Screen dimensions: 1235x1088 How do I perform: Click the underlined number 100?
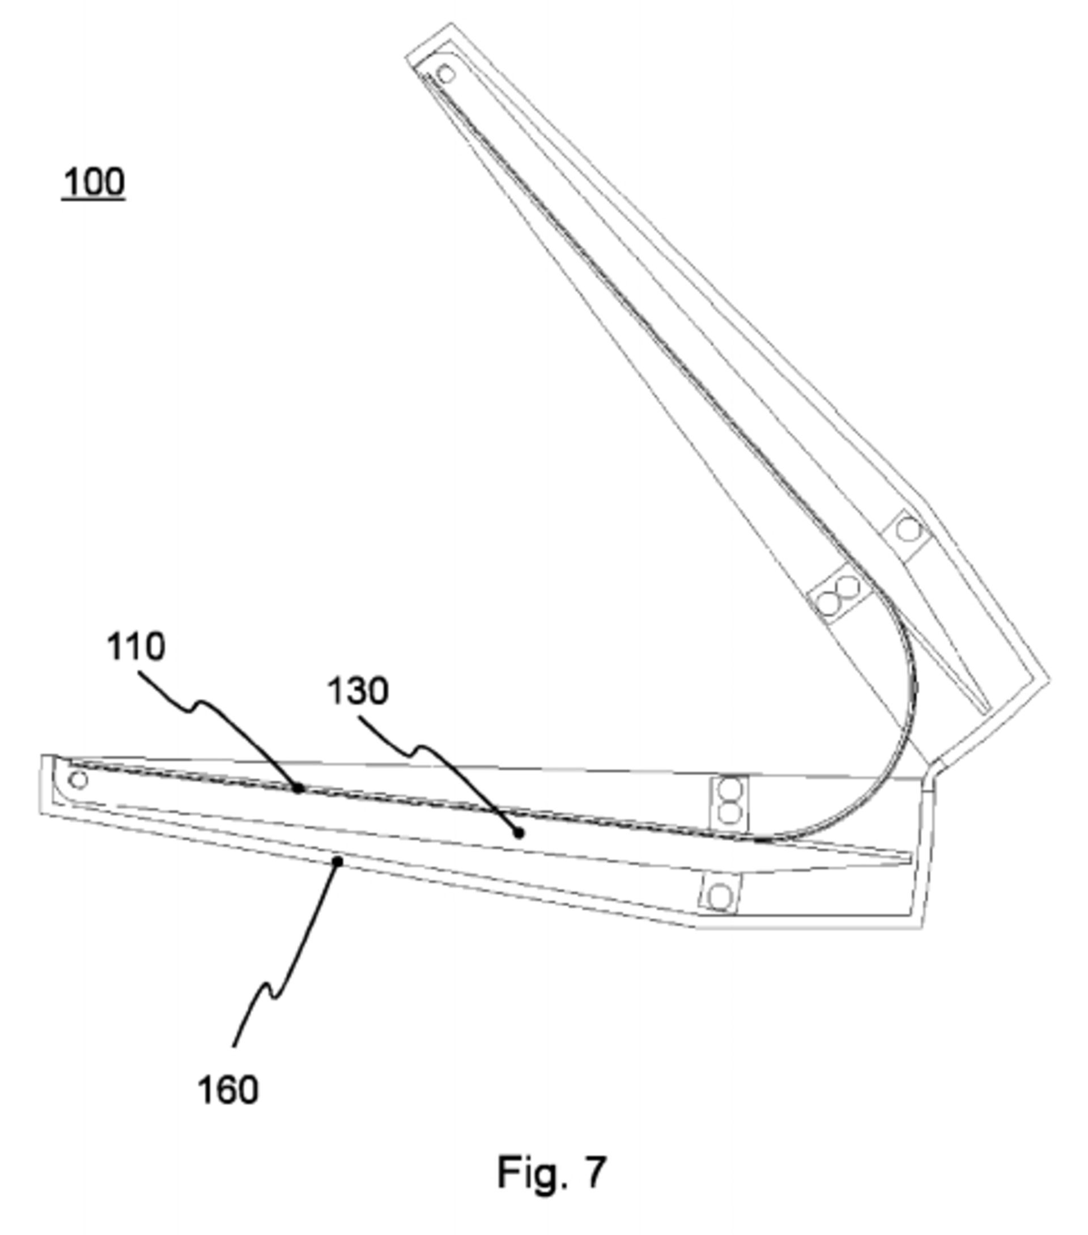93,183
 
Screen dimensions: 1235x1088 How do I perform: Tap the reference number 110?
135,647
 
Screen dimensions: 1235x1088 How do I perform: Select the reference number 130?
358,691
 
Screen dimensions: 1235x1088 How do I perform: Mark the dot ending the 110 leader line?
298,787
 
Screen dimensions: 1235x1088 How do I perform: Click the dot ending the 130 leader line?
518,833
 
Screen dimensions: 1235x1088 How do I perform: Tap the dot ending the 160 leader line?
338,861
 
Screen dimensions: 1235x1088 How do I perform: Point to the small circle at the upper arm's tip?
446,74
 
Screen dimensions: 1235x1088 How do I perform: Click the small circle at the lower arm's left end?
78,780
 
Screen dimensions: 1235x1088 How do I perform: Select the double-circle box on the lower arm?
730,801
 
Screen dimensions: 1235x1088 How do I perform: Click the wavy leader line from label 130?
435,756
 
